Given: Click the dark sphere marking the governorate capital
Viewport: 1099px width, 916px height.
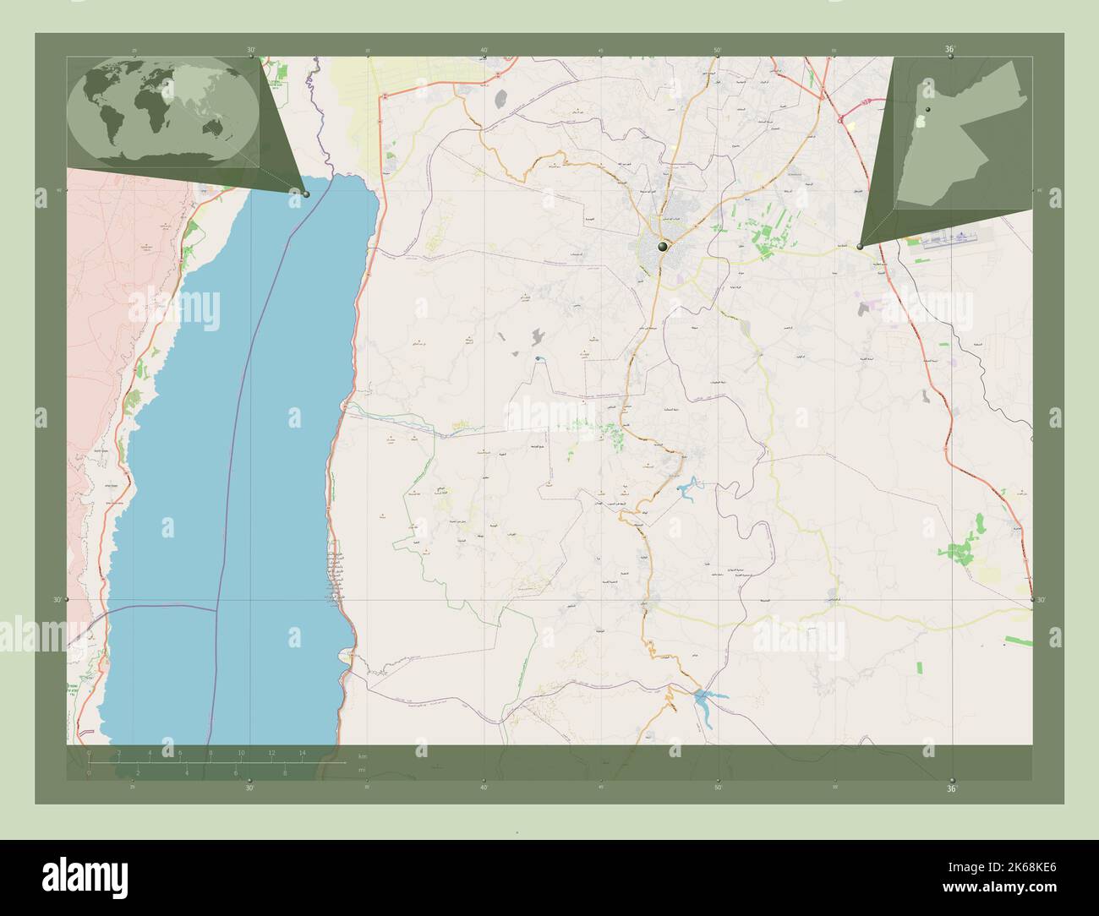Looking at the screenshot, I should click(x=664, y=247).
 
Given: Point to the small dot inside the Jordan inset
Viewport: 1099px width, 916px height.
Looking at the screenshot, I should click(x=927, y=112).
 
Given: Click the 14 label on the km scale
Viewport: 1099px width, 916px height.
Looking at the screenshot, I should click(x=301, y=752).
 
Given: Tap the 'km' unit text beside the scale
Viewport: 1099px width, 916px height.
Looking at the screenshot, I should click(x=363, y=755).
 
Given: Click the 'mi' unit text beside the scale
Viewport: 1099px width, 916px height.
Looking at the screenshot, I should click(x=361, y=770).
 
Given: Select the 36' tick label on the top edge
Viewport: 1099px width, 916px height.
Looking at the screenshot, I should click(x=950, y=50).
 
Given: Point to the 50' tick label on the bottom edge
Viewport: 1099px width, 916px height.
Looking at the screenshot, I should click(x=718, y=787).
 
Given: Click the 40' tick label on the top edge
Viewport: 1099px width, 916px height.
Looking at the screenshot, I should click(x=484, y=50).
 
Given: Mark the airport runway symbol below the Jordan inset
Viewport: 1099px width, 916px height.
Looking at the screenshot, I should click(x=943, y=240).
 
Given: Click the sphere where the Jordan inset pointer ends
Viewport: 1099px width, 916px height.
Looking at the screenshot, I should click(x=860, y=247).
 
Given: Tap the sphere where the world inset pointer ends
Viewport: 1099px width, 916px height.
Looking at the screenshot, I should click(x=306, y=194).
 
